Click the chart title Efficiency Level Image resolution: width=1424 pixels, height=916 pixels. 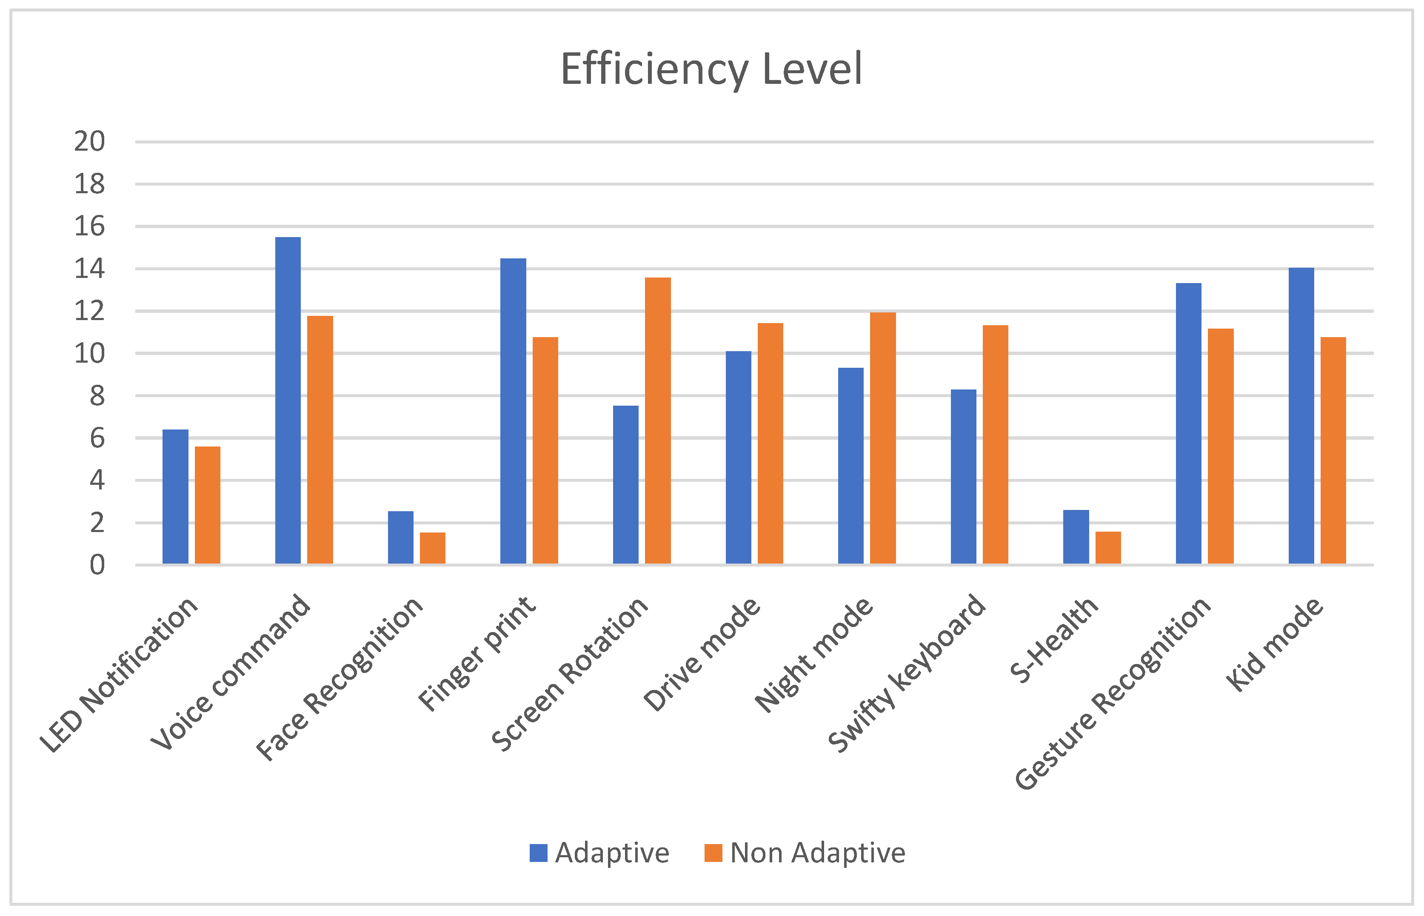pyautogui.click(x=711, y=69)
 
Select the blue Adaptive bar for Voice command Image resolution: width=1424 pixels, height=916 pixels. pyautogui.click(x=288, y=400)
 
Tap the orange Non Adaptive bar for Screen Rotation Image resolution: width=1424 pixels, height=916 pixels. pyautogui.click(x=658, y=420)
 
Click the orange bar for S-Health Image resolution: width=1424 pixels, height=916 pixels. pyautogui.click(x=1108, y=547)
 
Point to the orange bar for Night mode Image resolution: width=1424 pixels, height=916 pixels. pyautogui.click(x=882, y=437)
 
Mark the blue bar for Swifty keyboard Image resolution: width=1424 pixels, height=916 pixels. pyautogui.click(x=963, y=476)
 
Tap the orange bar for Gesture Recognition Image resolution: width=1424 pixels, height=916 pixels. pyautogui.click(x=1221, y=446)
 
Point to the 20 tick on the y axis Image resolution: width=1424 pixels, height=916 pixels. pyautogui.click(x=89, y=142)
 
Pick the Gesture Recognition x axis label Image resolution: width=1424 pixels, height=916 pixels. pyautogui.click(x=1112, y=693)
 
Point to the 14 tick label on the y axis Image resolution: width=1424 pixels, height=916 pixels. pyautogui.click(x=89, y=269)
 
